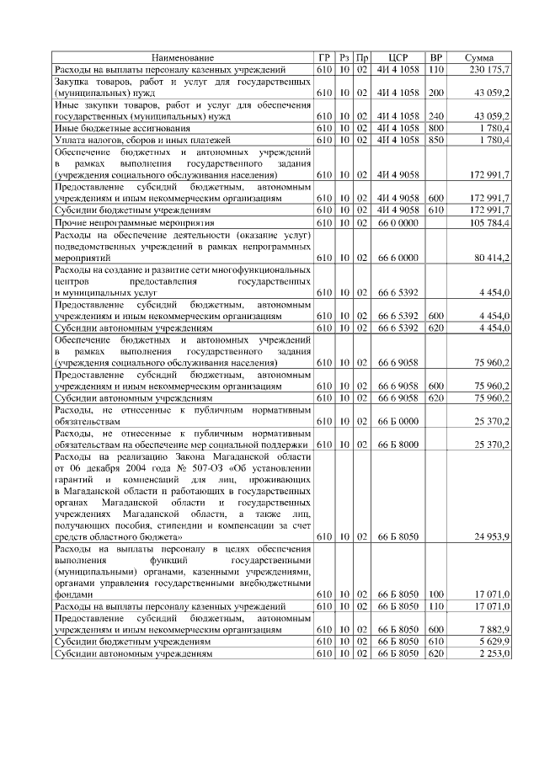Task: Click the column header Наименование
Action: click(183, 56)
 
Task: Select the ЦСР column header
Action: click(400, 56)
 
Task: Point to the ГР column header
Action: click(324, 56)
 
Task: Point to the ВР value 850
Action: click(435, 139)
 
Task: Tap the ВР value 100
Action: click(435, 593)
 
